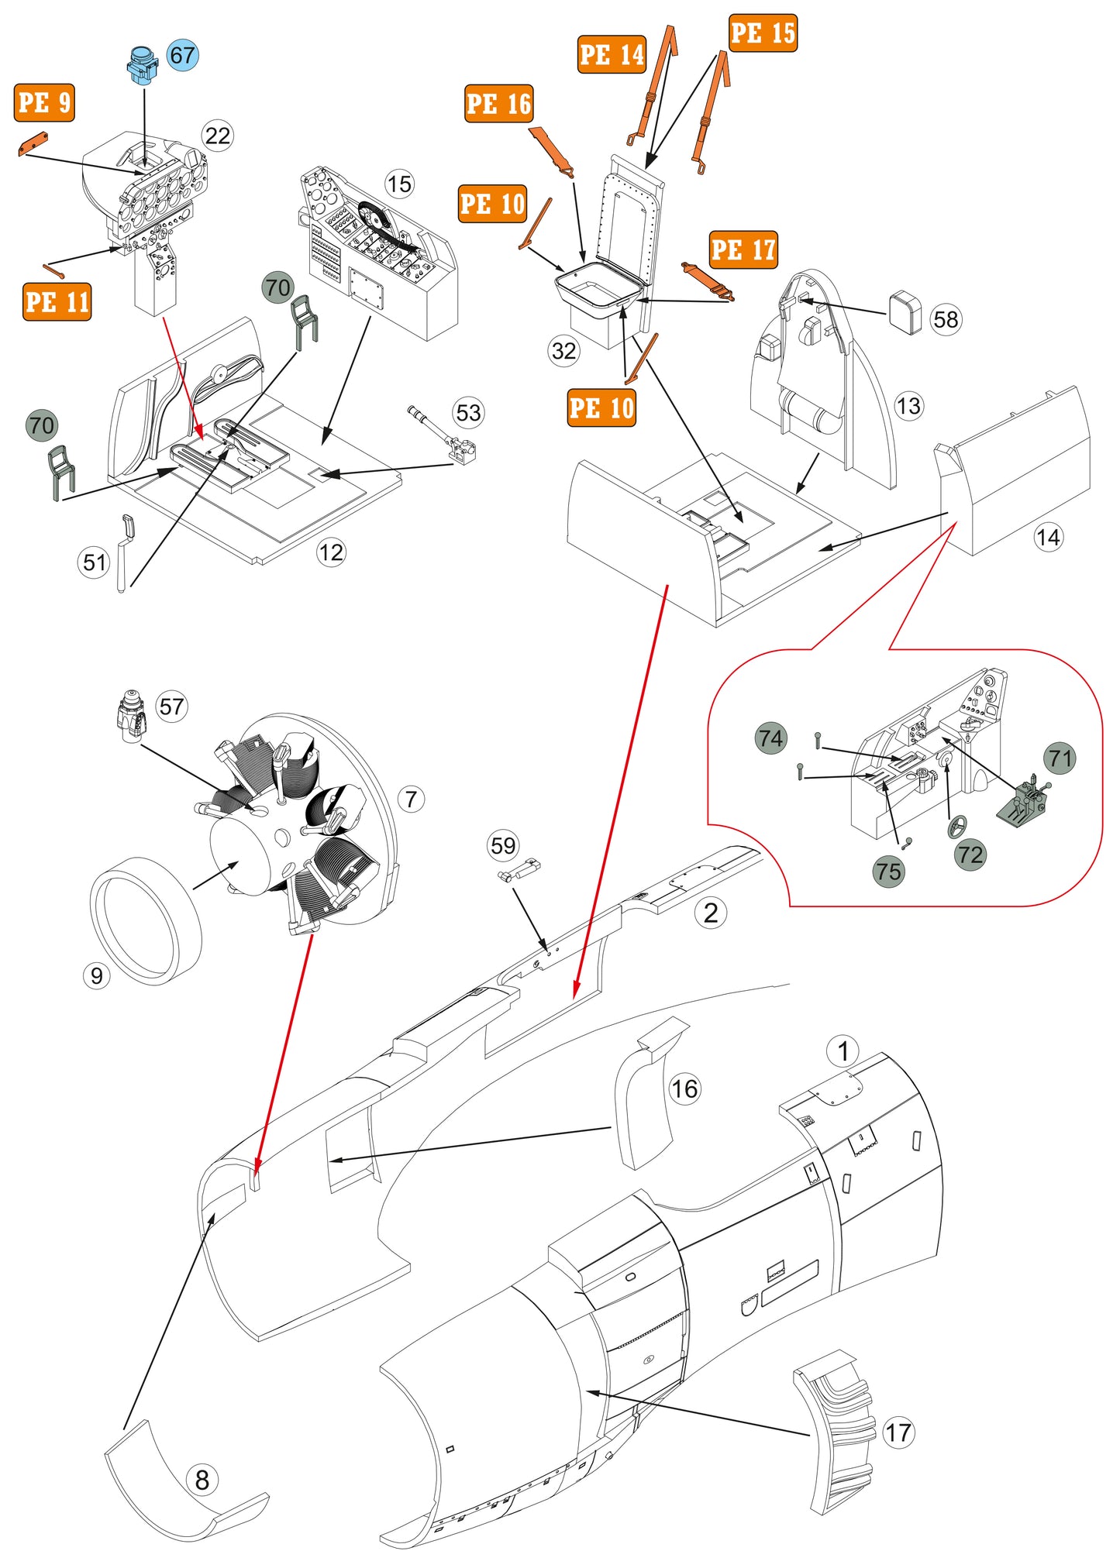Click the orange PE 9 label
point(44,102)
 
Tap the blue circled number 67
point(182,55)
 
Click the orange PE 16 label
point(499,103)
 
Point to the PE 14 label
point(612,54)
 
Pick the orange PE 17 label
point(743,249)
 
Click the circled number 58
point(946,319)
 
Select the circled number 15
point(399,184)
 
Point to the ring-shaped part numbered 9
point(146,920)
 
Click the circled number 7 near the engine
point(411,799)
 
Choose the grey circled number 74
point(770,738)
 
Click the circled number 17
point(898,1432)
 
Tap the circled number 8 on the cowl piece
point(202,1480)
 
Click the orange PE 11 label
point(57,301)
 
